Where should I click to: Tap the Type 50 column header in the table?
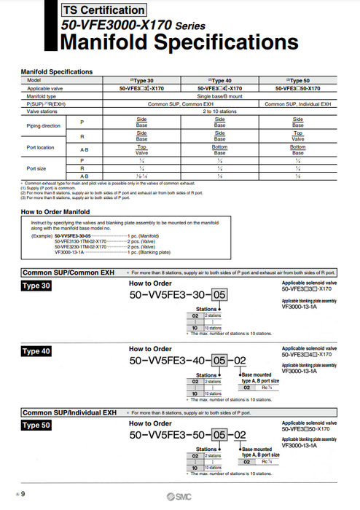tap(298, 79)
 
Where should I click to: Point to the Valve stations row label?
tap(42, 111)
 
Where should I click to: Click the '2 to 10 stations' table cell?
tap(219, 111)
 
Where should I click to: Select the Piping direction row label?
tap(42, 125)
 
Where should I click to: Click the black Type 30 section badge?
tap(36, 286)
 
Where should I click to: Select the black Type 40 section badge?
tap(36, 351)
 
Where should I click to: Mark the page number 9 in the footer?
tap(23, 495)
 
